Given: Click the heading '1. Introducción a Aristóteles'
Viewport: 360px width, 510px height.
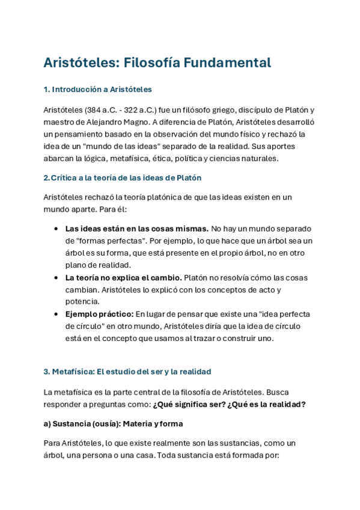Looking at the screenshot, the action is [98, 90].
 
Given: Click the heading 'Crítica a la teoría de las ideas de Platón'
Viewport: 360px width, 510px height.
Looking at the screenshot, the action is [126, 178].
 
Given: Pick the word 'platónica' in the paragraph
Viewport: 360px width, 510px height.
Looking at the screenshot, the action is [188, 197].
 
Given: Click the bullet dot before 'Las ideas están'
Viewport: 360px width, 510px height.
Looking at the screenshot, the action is [56, 229].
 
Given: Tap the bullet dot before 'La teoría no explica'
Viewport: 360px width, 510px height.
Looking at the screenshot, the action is [56, 277].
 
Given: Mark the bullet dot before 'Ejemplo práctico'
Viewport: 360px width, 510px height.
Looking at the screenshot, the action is [56, 314].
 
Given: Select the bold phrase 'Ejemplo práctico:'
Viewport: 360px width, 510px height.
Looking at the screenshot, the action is [99, 314].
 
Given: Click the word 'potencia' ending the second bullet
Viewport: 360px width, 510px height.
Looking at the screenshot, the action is [82, 301].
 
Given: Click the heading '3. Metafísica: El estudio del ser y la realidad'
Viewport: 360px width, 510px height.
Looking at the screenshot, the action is [127, 372].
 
